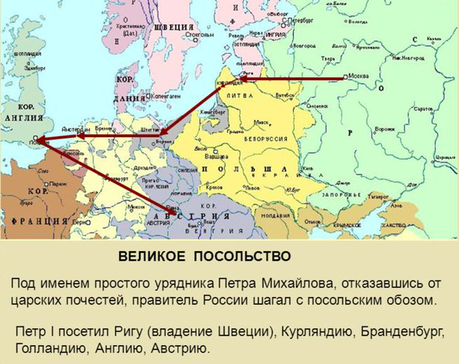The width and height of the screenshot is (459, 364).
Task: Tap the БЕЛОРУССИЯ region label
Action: [267, 140]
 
